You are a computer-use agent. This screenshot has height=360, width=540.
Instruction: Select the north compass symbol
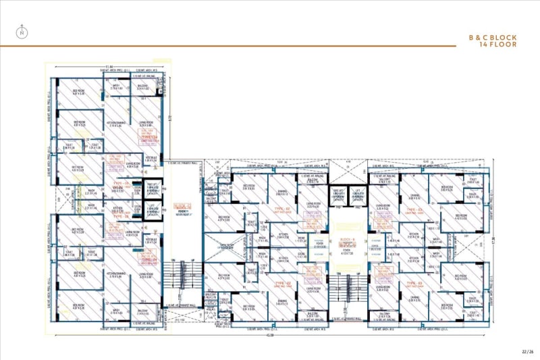pos(22,30)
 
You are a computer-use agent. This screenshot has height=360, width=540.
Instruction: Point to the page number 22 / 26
pos(528,351)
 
